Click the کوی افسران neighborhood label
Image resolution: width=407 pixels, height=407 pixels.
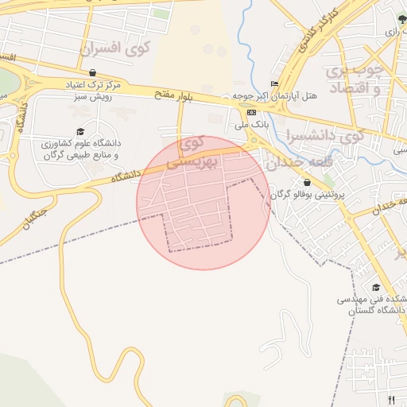(116, 48)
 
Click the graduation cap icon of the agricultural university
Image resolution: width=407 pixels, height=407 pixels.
(79, 131)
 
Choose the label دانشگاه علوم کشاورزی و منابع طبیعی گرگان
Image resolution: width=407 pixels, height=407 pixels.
(79, 149)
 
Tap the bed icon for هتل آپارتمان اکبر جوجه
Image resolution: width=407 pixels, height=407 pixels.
(275, 84)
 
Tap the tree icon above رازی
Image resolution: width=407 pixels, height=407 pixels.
(401, 19)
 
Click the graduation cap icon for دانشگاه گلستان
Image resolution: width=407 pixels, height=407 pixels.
(375, 288)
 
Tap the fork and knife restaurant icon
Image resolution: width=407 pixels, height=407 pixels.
(390, 400)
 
